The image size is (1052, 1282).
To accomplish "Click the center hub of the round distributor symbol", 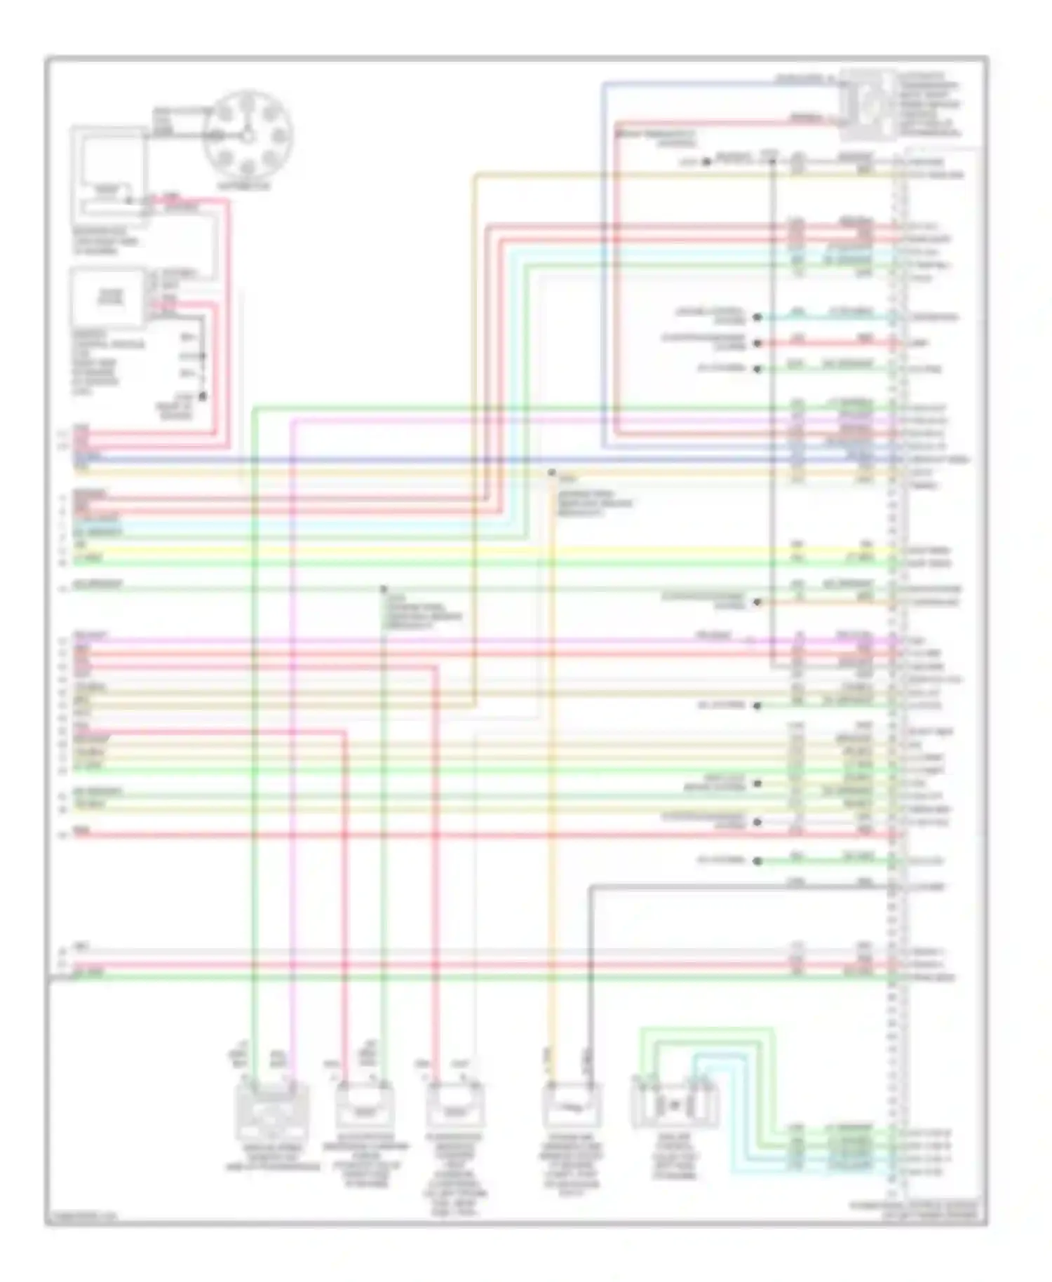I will (x=248, y=134).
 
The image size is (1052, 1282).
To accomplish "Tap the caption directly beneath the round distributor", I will (x=243, y=187).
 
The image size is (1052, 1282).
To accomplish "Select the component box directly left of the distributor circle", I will (x=109, y=175).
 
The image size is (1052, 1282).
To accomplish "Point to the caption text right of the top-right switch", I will (x=930, y=104).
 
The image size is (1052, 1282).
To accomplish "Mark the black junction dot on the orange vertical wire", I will (x=552, y=473).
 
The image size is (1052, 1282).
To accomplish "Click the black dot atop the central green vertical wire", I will (x=383, y=589).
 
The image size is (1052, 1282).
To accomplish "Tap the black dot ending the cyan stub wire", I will (x=757, y=318).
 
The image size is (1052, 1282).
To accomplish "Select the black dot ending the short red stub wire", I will (x=757, y=343).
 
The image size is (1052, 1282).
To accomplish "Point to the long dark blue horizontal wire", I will (x=421, y=460).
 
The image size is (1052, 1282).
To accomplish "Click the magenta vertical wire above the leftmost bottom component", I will (x=292, y=771).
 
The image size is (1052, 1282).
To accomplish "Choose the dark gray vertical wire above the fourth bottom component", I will (x=590, y=982).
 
